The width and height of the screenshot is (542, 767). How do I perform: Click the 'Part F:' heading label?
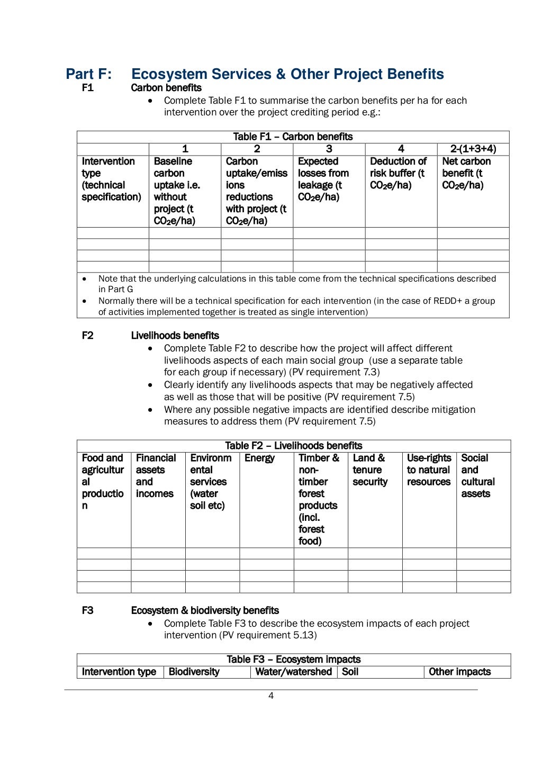(x=88, y=74)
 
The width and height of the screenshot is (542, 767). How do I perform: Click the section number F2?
(x=87, y=336)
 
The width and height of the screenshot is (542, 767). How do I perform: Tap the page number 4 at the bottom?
(x=271, y=696)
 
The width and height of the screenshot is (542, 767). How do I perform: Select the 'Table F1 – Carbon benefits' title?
(x=293, y=137)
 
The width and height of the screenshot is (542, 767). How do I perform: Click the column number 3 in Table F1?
(x=329, y=149)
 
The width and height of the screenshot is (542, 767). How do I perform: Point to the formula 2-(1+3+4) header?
(x=473, y=149)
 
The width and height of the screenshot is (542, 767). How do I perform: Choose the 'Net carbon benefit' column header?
(x=466, y=173)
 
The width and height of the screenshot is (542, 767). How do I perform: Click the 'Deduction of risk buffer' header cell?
(x=398, y=173)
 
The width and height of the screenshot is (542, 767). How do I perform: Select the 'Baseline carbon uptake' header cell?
(x=177, y=191)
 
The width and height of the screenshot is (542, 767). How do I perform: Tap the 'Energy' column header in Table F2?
(x=259, y=458)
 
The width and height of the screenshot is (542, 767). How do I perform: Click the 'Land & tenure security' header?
(x=369, y=470)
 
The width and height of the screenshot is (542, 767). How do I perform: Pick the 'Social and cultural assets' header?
(x=477, y=476)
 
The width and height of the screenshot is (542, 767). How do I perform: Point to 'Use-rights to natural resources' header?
(x=428, y=470)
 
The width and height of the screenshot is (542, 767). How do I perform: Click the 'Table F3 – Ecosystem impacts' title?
(x=293, y=660)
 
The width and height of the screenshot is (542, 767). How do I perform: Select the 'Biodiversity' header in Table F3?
(x=194, y=672)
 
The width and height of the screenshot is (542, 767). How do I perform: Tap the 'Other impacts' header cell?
(x=459, y=672)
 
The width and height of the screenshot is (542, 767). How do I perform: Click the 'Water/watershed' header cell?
(x=293, y=672)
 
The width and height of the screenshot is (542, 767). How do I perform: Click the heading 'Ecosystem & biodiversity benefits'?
(x=205, y=610)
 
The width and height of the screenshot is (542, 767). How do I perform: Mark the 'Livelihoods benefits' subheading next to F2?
(x=175, y=336)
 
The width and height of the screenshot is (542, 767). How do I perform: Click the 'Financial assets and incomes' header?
(x=155, y=476)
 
